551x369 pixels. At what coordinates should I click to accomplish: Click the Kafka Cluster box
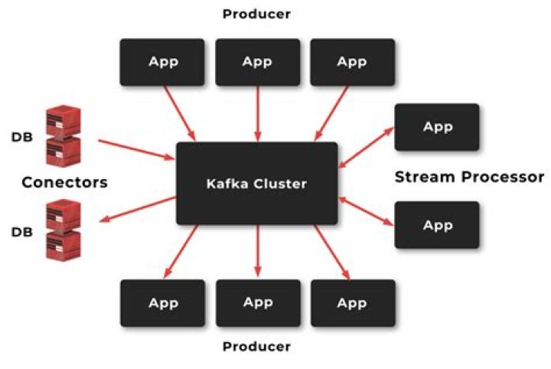(256, 183)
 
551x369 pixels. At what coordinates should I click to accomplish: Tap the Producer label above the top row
(256, 14)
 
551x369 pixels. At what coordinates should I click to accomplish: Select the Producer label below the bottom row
(256, 347)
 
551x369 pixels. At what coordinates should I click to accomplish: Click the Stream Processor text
(469, 177)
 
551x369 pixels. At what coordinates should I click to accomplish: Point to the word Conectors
(64, 182)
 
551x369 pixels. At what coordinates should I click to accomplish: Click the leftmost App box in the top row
(162, 62)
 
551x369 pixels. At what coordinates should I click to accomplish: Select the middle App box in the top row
(257, 62)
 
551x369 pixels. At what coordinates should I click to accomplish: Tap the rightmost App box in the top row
(352, 62)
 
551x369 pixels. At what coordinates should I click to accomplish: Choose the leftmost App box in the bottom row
(162, 303)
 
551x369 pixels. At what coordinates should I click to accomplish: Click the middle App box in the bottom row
(257, 303)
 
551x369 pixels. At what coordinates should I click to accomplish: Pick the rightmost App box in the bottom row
(352, 303)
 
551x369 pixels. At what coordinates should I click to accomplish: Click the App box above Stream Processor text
(437, 127)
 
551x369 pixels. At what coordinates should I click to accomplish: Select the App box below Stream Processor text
(437, 225)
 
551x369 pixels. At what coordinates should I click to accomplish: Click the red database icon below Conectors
(64, 231)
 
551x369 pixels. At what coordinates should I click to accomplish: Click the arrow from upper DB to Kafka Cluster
(136, 149)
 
